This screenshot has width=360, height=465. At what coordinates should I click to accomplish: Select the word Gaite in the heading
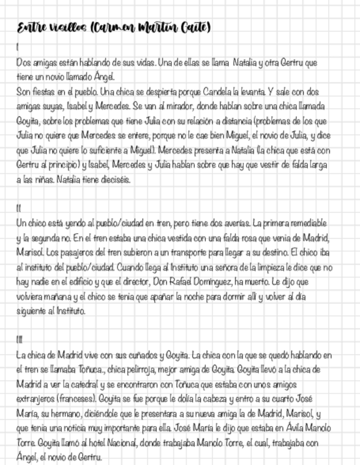click(195, 27)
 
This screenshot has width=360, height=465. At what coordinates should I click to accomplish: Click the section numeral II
click(19, 208)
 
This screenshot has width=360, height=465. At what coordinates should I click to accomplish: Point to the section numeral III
click(20, 340)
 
